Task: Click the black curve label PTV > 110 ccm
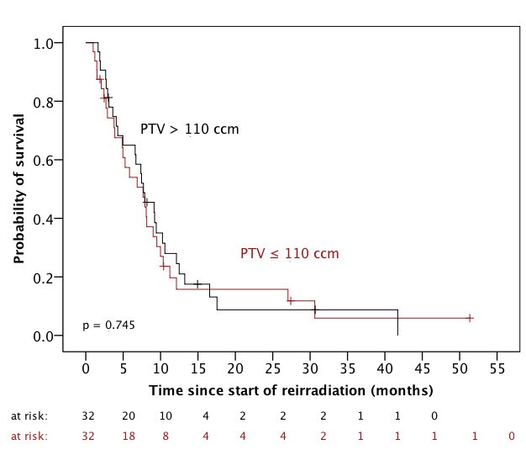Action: (189, 130)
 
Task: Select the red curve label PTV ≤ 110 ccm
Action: (290, 253)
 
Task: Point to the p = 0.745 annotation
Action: (109, 325)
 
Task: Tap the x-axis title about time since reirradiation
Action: (291, 391)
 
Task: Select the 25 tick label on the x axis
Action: (272, 369)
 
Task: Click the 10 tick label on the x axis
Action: (160, 369)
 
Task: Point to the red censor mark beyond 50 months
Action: (470, 318)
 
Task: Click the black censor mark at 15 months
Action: (197, 284)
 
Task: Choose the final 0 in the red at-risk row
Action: (512, 436)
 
